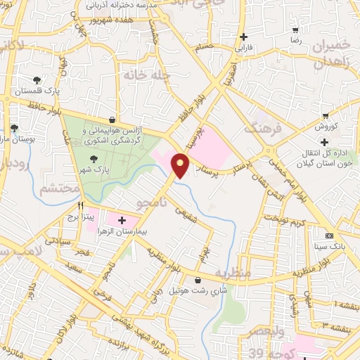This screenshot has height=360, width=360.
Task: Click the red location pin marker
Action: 181,165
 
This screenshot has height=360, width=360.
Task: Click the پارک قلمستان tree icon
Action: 37,79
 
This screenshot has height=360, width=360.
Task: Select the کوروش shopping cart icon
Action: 325,116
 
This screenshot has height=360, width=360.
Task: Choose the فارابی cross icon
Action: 243,37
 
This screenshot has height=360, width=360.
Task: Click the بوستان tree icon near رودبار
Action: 14,127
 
